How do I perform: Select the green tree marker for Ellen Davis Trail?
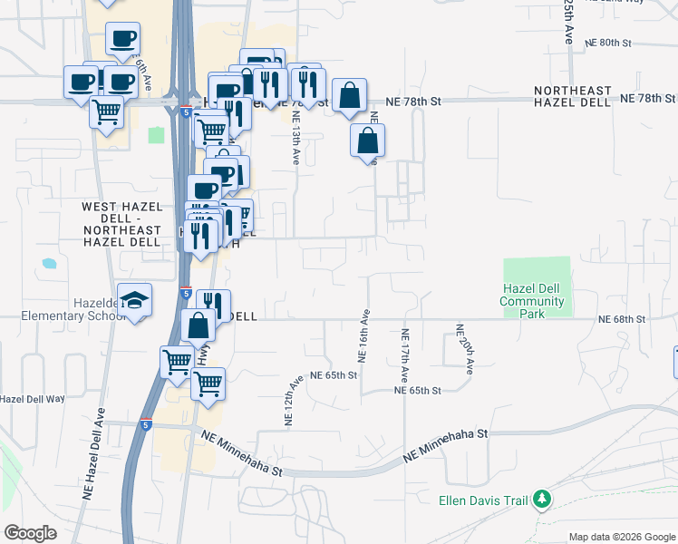tap(543, 499)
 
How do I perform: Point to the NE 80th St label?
tap(607, 43)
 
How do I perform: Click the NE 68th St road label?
tap(621, 319)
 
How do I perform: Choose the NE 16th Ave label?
tap(364, 337)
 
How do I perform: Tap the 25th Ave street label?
tap(569, 22)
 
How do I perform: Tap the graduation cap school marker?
tap(134, 301)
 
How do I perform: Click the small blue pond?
tap(48, 264)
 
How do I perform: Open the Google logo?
tap(30, 533)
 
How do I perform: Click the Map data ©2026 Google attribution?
tap(622, 537)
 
